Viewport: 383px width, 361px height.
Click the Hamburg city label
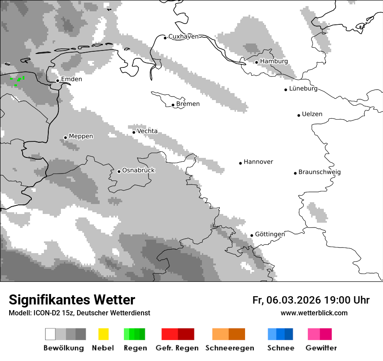click(274, 61)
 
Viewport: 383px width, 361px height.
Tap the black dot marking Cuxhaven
click(165, 38)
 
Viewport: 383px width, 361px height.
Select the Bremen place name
click(188, 104)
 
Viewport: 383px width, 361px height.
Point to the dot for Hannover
click(240, 163)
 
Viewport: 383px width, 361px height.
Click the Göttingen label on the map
click(270, 234)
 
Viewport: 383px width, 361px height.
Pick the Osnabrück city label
click(138, 170)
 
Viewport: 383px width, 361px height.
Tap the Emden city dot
click(57, 80)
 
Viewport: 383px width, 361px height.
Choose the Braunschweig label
click(319, 172)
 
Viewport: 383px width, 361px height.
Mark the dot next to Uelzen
click(299, 115)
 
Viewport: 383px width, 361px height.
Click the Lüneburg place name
click(303, 89)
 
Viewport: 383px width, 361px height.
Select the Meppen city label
click(81, 136)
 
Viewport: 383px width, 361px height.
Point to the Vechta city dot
click(134, 132)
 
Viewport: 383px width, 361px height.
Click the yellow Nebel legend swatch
click(103, 334)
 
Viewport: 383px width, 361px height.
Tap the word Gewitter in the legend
click(321, 348)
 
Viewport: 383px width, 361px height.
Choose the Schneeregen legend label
click(230, 348)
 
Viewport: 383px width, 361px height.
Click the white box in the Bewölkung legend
click(50, 334)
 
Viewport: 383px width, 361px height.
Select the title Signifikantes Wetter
click(72, 300)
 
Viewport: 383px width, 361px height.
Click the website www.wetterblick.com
click(314, 313)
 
